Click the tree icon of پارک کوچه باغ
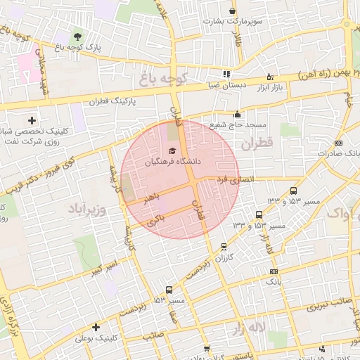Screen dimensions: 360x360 click(x=77, y=36)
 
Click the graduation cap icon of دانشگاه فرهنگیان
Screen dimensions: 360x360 click(x=173, y=151)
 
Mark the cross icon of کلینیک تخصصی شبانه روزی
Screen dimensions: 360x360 click(x=32, y=120)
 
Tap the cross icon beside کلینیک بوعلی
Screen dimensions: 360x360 click(x=96, y=327)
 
